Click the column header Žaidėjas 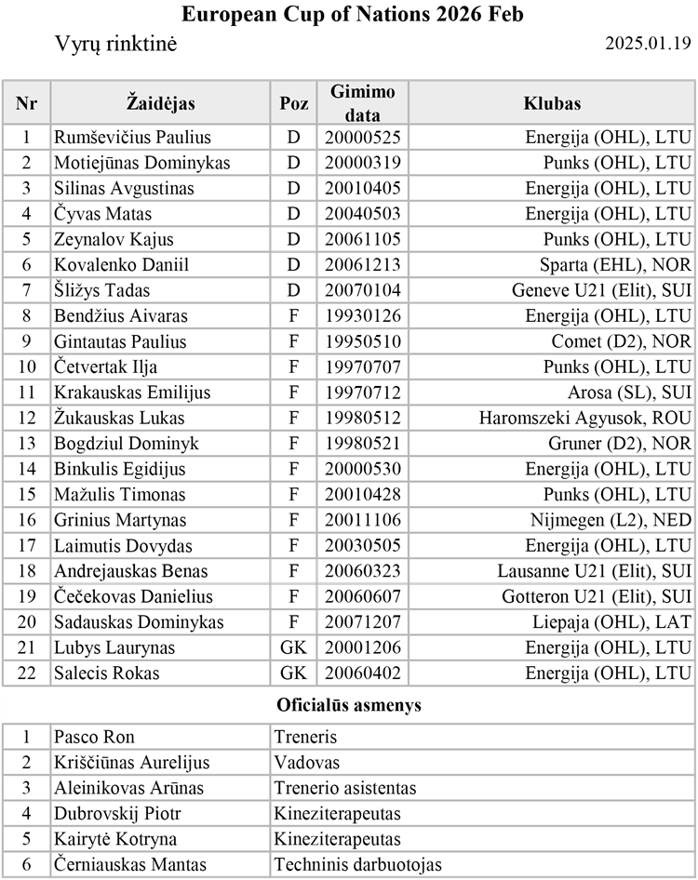(160, 103)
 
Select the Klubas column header (552, 103)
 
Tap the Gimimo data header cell (363, 103)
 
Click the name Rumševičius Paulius (132, 138)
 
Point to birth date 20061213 (363, 265)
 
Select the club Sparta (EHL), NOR (615, 265)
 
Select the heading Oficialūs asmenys (349, 704)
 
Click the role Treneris (305, 737)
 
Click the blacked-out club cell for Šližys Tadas (552, 290)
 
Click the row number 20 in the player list (26, 622)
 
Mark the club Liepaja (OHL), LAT (617, 622)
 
